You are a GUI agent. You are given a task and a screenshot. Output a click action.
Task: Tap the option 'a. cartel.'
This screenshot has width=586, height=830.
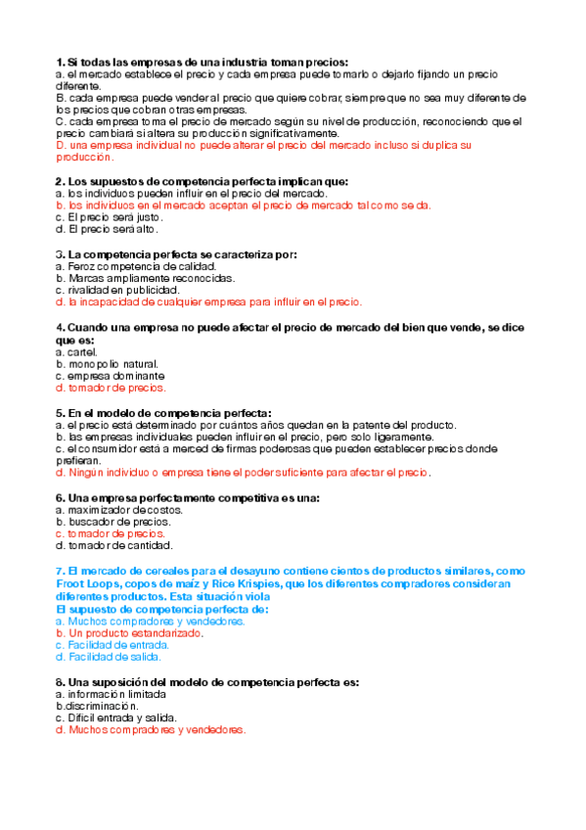pyautogui.click(x=83, y=351)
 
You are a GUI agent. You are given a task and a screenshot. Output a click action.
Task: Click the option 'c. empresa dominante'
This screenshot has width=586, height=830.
pyautogui.click(x=111, y=376)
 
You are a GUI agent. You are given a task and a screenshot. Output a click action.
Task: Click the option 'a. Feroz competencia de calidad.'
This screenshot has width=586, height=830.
pyautogui.click(x=136, y=266)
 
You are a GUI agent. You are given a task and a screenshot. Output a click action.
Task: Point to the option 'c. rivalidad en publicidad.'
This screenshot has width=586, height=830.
pyautogui.click(x=118, y=291)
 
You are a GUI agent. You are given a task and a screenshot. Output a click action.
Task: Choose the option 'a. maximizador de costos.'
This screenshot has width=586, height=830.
pyautogui.click(x=120, y=510)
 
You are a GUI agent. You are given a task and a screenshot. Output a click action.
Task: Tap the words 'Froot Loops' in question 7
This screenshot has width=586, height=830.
pyautogui.click(x=88, y=584)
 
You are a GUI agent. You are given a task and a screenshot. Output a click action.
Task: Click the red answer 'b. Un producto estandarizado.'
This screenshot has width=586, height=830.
pyautogui.click(x=129, y=633)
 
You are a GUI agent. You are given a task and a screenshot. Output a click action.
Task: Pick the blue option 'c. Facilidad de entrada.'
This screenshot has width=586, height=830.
pyautogui.click(x=113, y=645)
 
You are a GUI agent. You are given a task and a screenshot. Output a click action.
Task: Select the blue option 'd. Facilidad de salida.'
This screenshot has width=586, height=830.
pyautogui.click(x=111, y=657)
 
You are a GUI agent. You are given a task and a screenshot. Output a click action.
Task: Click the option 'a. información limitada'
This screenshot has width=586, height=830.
pyautogui.click(x=112, y=694)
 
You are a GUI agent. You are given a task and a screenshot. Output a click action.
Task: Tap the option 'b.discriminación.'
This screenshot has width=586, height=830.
pyautogui.click(x=97, y=706)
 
